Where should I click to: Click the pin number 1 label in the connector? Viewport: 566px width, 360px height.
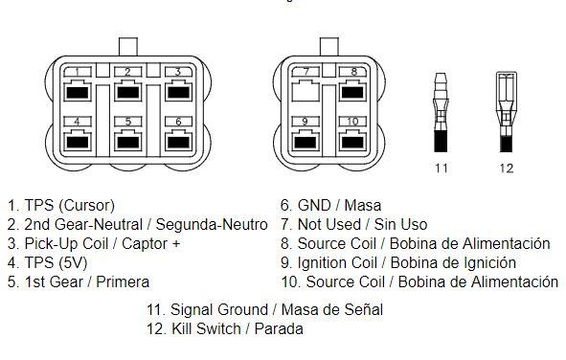click(78, 72)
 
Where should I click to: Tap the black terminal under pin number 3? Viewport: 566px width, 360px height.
click(179, 92)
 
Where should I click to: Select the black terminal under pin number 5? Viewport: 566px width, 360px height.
click(128, 142)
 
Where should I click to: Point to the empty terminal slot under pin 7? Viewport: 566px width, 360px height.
click(306, 91)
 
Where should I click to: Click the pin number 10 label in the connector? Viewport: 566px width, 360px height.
click(352, 122)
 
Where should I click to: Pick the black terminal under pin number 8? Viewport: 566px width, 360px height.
click(352, 92)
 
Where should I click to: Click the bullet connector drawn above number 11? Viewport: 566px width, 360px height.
click(441, 112)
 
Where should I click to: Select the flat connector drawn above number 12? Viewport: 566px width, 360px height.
click(506, 112)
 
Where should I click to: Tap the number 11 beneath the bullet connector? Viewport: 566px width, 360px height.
click(441, 169)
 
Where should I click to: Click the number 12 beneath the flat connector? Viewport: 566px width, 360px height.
click(506, 169)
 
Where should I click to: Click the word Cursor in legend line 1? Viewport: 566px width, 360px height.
click(86, 206)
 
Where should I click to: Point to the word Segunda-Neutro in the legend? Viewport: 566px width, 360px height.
click(212, 225)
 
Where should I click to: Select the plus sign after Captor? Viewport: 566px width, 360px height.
click(176, 244)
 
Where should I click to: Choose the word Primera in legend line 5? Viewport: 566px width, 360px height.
click(123, 282)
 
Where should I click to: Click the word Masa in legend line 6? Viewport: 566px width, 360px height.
click(363, 206)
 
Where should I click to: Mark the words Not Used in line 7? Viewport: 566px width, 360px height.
click(329, 225)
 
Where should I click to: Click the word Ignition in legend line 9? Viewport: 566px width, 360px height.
click(324, 263)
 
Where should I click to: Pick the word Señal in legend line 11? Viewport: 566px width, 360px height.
click(362, 310)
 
